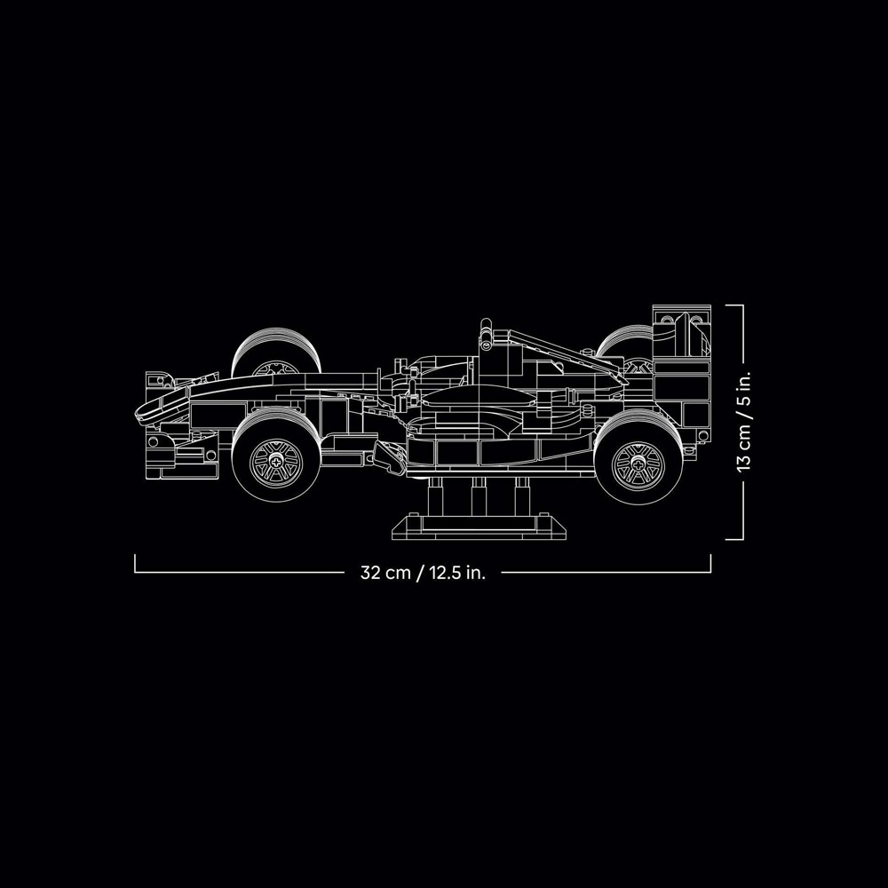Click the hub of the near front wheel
coord(276,462)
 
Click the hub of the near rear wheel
coord(638,464)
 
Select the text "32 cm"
coord(385,572)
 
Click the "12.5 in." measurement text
coord(457,572)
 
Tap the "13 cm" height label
coord(743,446)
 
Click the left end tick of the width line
coord(135,563)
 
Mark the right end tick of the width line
coord(710,563)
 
